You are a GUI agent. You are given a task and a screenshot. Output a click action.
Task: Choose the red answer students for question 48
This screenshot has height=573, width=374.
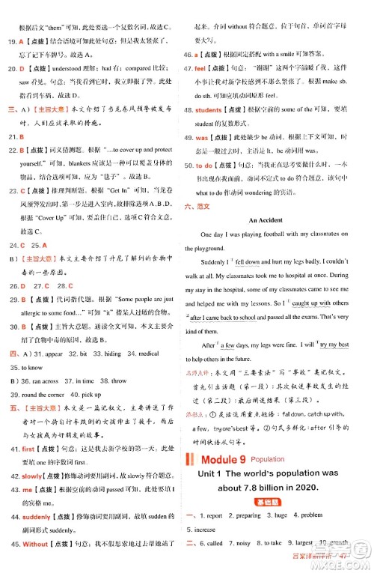209,110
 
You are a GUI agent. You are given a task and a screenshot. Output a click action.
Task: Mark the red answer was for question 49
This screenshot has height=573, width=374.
200,138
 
